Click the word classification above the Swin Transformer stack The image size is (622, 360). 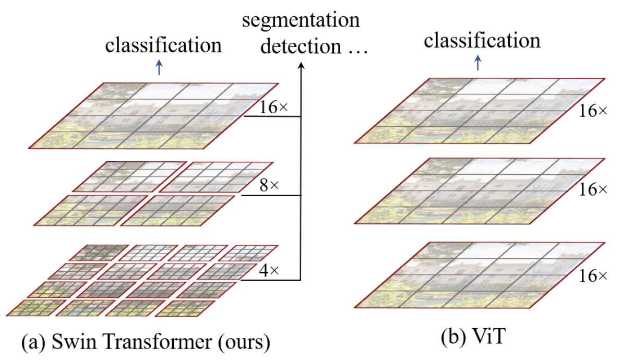point(163,45)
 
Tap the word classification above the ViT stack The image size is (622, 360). point(482,40)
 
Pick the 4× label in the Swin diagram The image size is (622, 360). point(270,271)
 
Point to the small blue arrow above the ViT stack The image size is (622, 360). point(477,64)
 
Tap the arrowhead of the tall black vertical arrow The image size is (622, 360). point(301,65)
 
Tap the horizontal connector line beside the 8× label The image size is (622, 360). point(271,196)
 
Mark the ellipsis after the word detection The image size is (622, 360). point(356,49)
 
